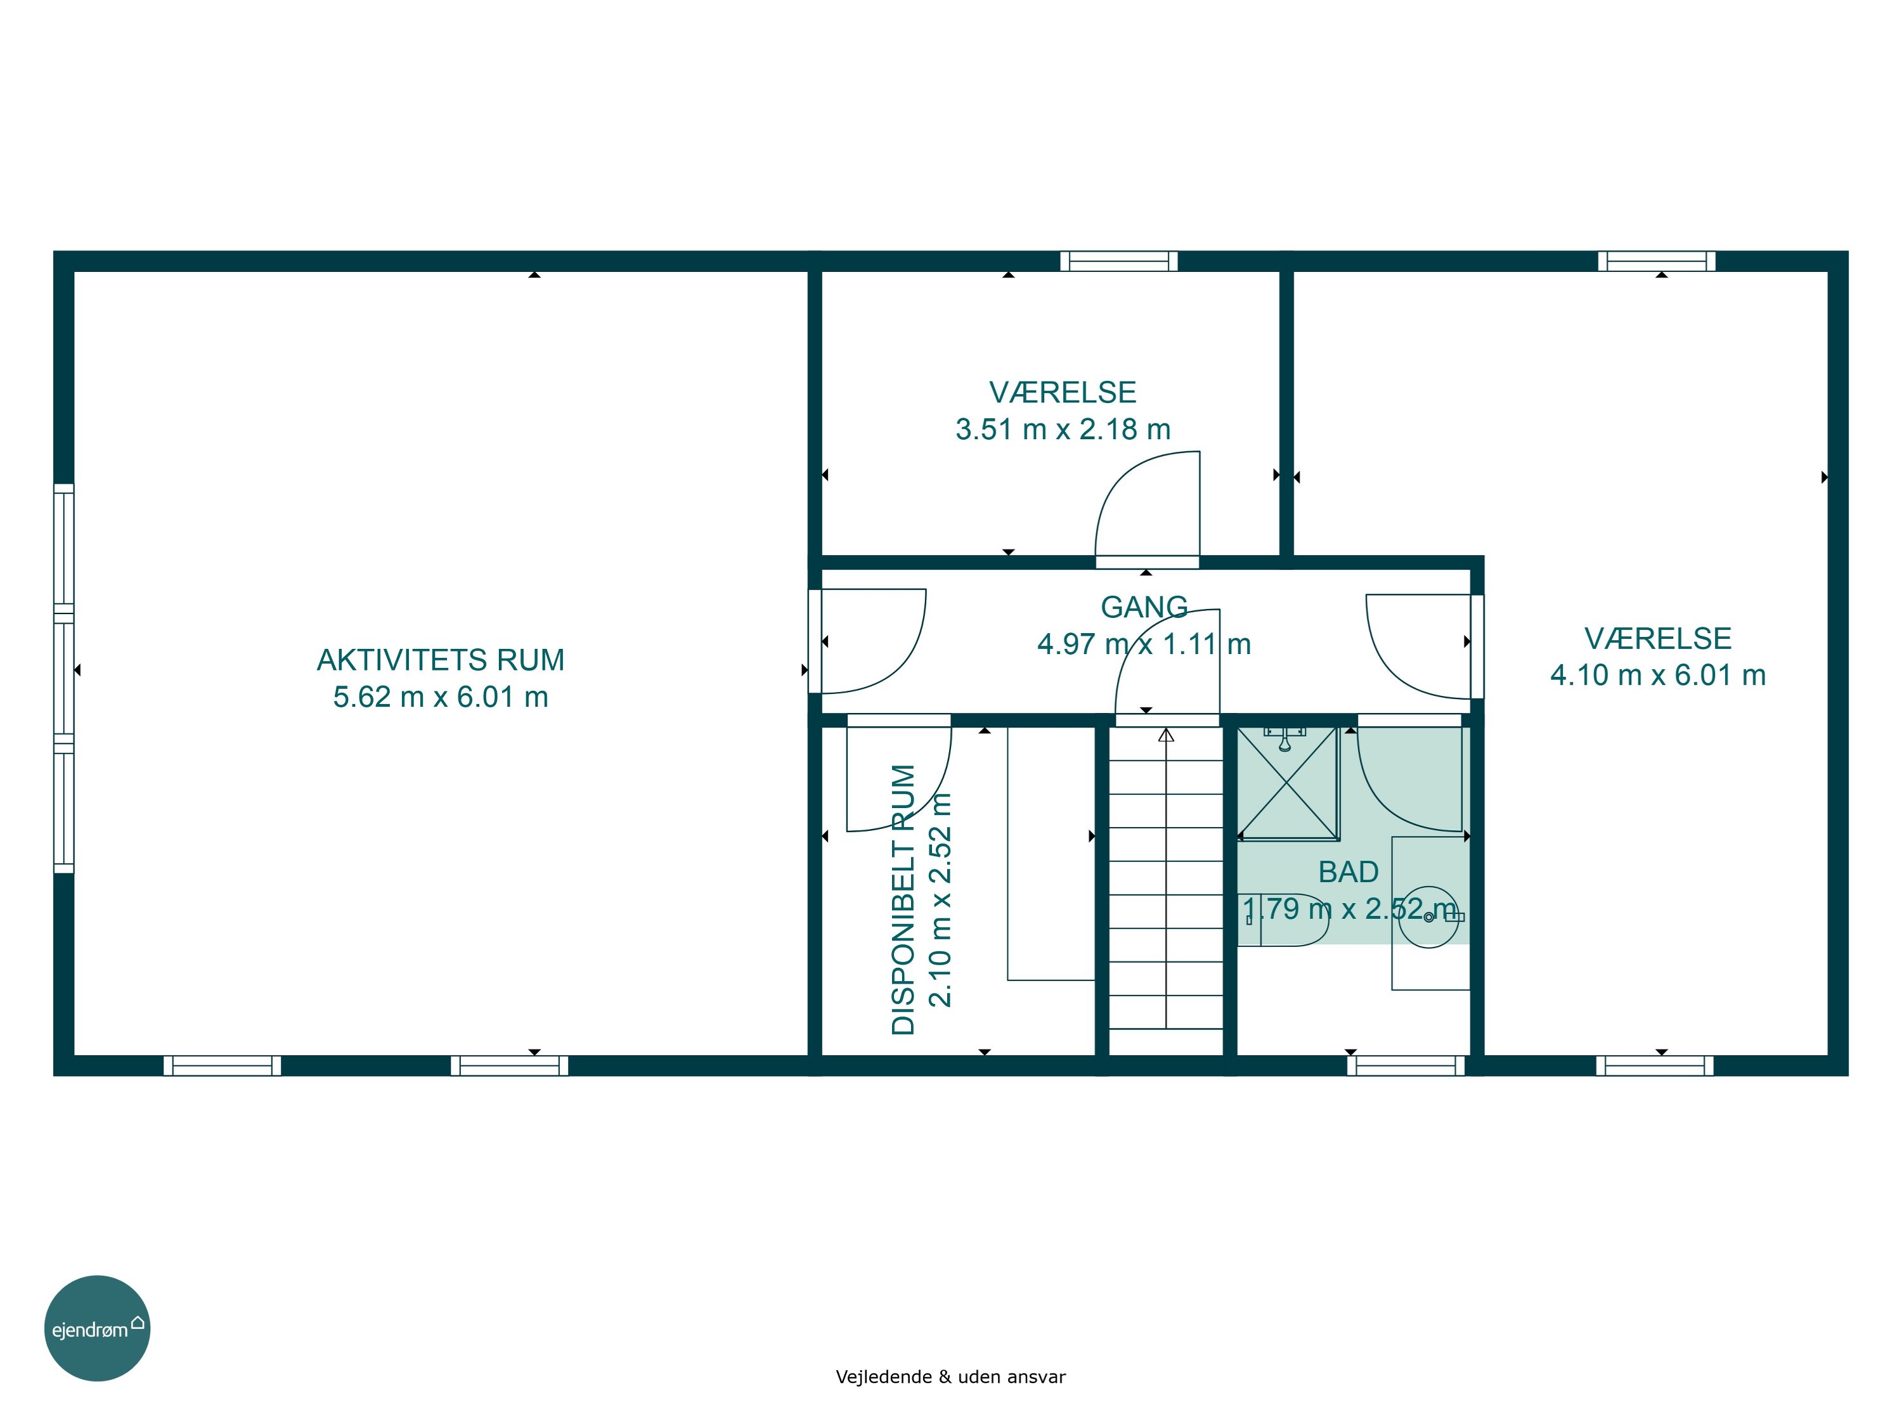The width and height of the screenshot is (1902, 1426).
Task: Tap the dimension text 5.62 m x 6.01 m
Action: click(440, 697)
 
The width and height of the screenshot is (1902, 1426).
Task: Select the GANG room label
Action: click(1144, 607)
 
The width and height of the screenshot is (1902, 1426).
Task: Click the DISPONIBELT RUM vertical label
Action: click(903, 899)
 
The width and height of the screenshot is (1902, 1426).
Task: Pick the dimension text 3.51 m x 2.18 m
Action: click(1063, 429)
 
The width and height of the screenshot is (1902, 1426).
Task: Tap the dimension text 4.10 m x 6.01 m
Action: click(1658, 675)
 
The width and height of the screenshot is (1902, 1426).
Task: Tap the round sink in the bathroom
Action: click(1429, 917)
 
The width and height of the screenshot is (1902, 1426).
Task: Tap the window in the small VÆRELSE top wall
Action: click(1118, 260)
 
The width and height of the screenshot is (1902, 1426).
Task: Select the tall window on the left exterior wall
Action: click(63, 678)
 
